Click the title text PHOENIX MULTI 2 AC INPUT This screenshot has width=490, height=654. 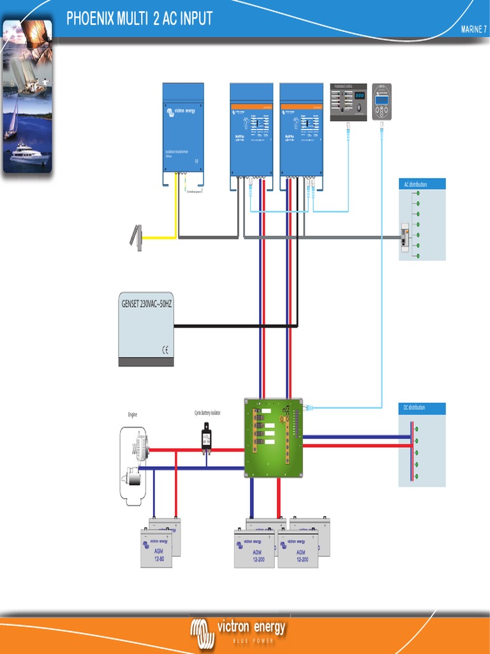[x=139, y=19]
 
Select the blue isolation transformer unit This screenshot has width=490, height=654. [x=183, y=128]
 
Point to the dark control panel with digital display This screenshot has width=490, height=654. [x=348, y=102]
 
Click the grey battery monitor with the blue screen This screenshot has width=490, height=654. [x=382, y=102]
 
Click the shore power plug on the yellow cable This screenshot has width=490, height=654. [x=136, y=236]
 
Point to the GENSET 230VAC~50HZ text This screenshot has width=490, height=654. [x=147, y=305]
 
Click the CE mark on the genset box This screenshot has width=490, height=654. [x=165, y=349]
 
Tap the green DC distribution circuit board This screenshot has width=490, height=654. [x=273, y=437]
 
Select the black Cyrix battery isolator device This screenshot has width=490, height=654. [x=206, y=439]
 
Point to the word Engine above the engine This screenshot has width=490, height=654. [x=132, y=415]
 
